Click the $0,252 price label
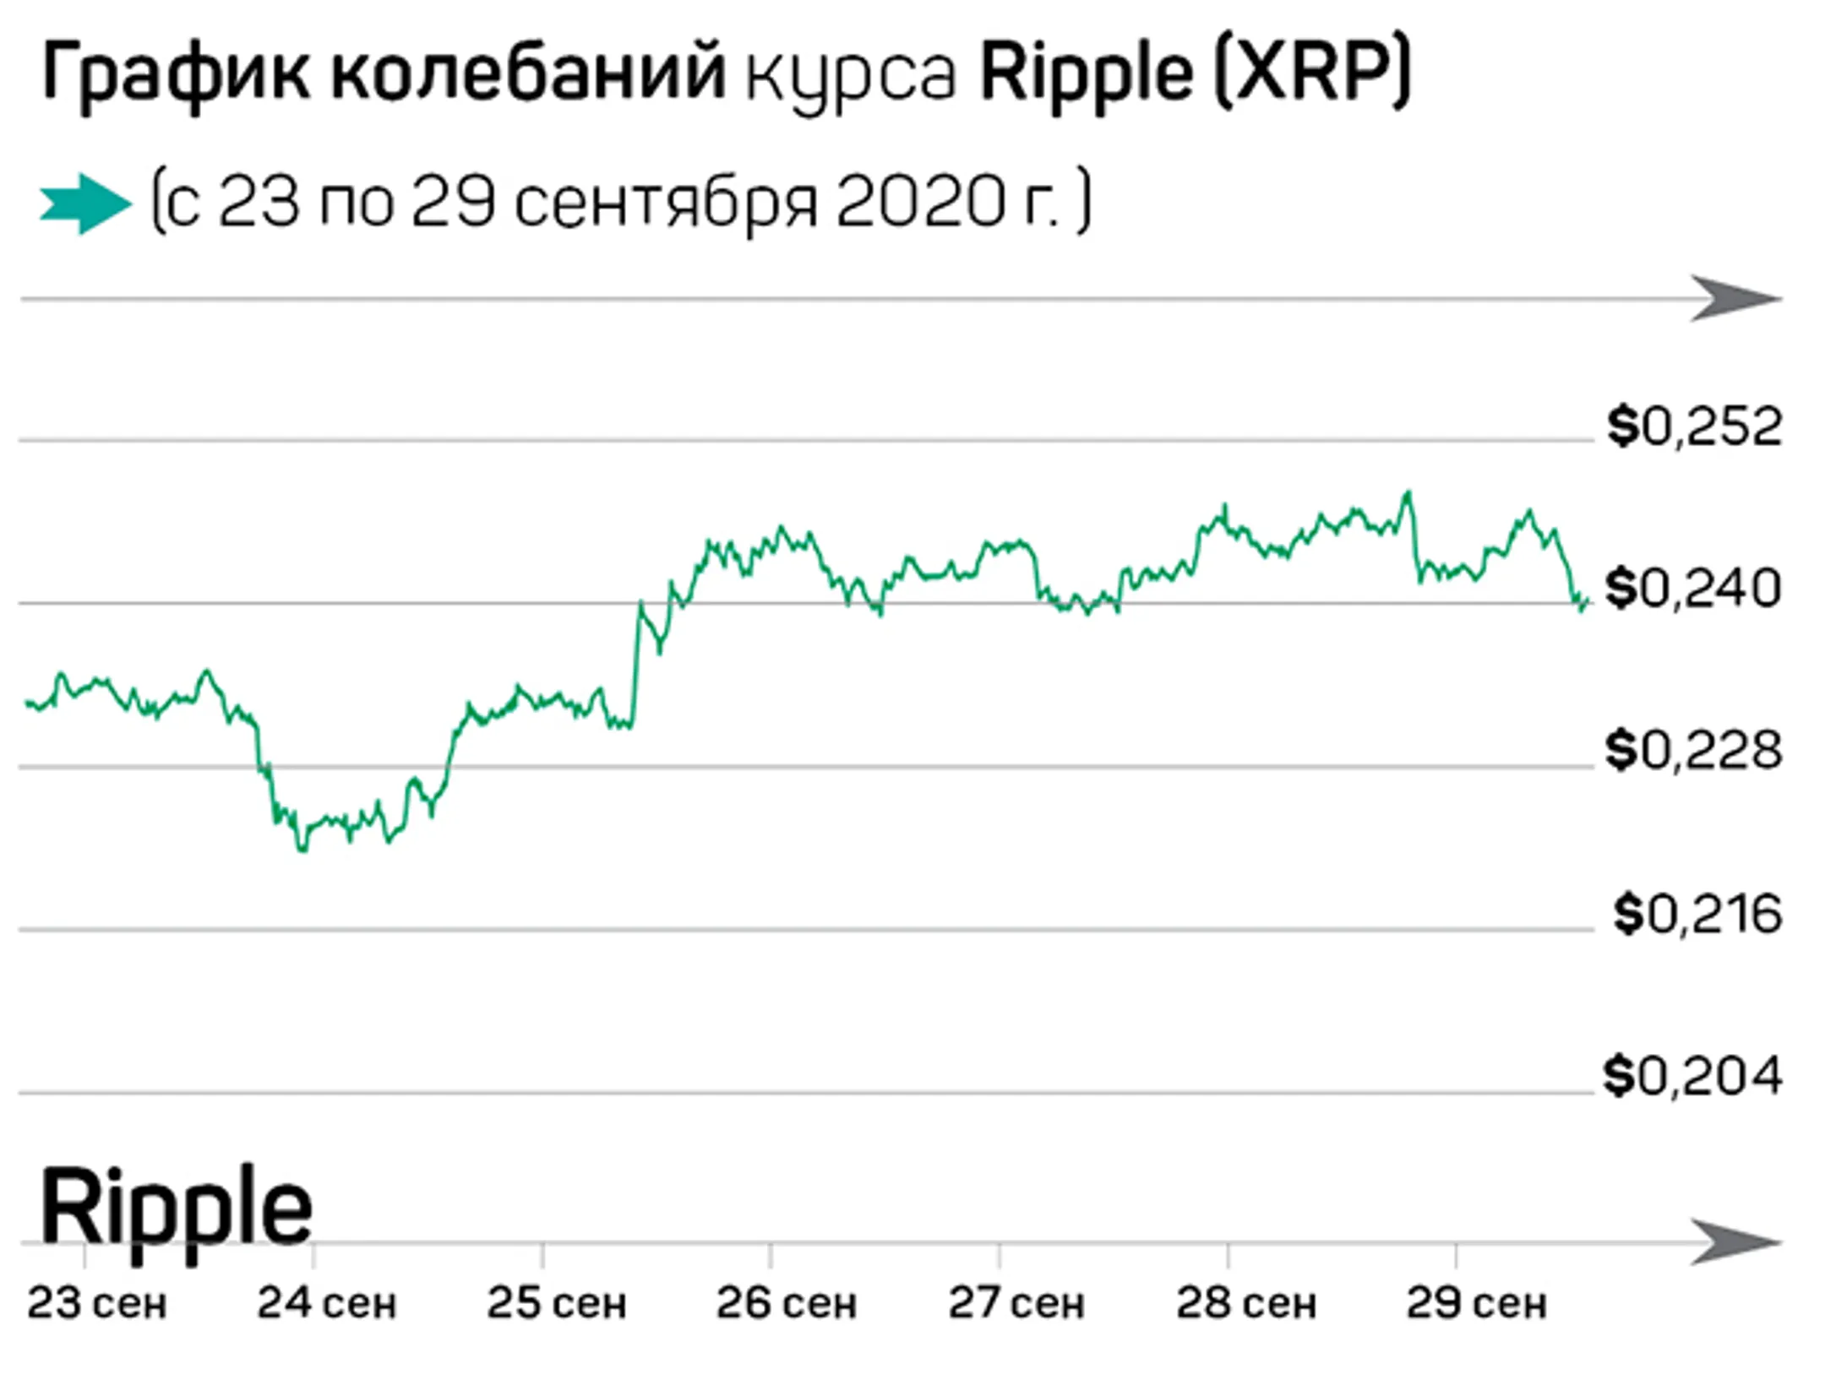1694,426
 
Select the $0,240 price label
1692,589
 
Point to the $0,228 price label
1692,750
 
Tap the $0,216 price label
1697,914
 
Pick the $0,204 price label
1692,1076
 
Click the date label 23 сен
97,1303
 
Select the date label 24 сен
327,1303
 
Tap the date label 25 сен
557,1303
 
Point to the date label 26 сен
787,1303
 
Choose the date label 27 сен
1016,1303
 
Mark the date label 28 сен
1246,1303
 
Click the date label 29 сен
1476,1303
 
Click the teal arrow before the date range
84,204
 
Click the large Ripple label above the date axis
176,1208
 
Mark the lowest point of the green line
302,849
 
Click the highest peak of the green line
1407,493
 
